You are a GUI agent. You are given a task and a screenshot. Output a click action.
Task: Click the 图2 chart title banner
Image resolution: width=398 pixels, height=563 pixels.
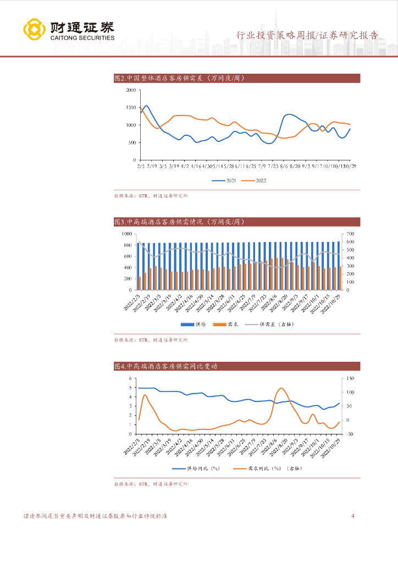coord(236,79)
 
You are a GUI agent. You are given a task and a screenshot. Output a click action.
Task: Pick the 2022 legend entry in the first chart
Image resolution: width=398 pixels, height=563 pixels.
coord(256,180)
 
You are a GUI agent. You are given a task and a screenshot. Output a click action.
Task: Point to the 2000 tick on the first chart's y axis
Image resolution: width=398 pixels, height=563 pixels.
coord(131,90)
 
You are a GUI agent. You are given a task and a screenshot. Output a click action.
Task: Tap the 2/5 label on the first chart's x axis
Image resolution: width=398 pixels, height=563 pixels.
coord(141,165)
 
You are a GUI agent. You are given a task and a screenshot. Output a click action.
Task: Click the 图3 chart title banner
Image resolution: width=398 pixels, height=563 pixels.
coord(236,222)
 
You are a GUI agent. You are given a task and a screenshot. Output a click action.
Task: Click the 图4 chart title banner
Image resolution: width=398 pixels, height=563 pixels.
coord(236,366)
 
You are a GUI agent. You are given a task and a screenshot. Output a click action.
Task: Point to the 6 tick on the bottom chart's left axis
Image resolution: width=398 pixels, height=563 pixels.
coord(131,378)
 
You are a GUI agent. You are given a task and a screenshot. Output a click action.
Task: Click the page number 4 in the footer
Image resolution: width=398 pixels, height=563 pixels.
coord(352,516)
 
